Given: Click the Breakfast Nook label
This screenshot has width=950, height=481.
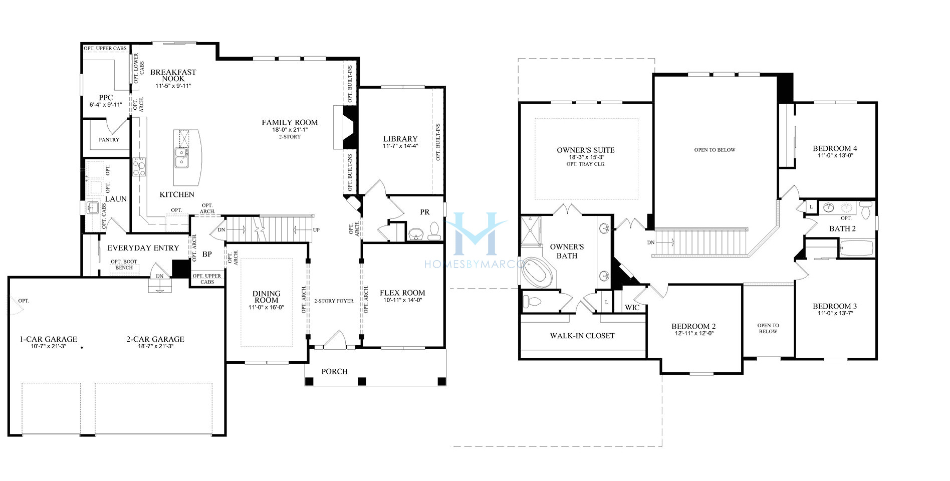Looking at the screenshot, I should pos(173,75).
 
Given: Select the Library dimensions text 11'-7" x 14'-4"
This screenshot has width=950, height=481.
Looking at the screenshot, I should pos(400,146).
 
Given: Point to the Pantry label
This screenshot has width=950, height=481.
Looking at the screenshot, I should pos(109,140).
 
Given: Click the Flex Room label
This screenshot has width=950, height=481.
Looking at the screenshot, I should pos(402,293).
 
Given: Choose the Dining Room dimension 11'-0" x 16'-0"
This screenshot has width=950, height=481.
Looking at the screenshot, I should pos(266,308).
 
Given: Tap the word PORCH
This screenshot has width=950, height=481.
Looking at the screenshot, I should pos(334,372).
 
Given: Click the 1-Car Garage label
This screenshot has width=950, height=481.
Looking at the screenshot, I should pos(48,339).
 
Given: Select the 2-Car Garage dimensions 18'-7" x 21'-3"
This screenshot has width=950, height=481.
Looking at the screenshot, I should pos(155,347).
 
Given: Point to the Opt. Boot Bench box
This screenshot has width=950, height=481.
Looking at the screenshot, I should pos(124,265).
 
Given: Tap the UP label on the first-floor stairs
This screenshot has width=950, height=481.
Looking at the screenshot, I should pos(316,230).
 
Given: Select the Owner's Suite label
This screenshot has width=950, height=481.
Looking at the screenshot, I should pos(585,150).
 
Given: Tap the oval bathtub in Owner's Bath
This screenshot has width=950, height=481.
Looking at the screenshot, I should pos(538,275).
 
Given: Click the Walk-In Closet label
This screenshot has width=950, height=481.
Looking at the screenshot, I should pos(582,336).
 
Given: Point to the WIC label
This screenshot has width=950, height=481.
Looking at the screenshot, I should pos(632,308).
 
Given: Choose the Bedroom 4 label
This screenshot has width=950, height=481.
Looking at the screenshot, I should pos(835,149).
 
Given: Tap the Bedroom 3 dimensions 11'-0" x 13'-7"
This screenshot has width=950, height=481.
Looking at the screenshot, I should pos(835,314).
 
